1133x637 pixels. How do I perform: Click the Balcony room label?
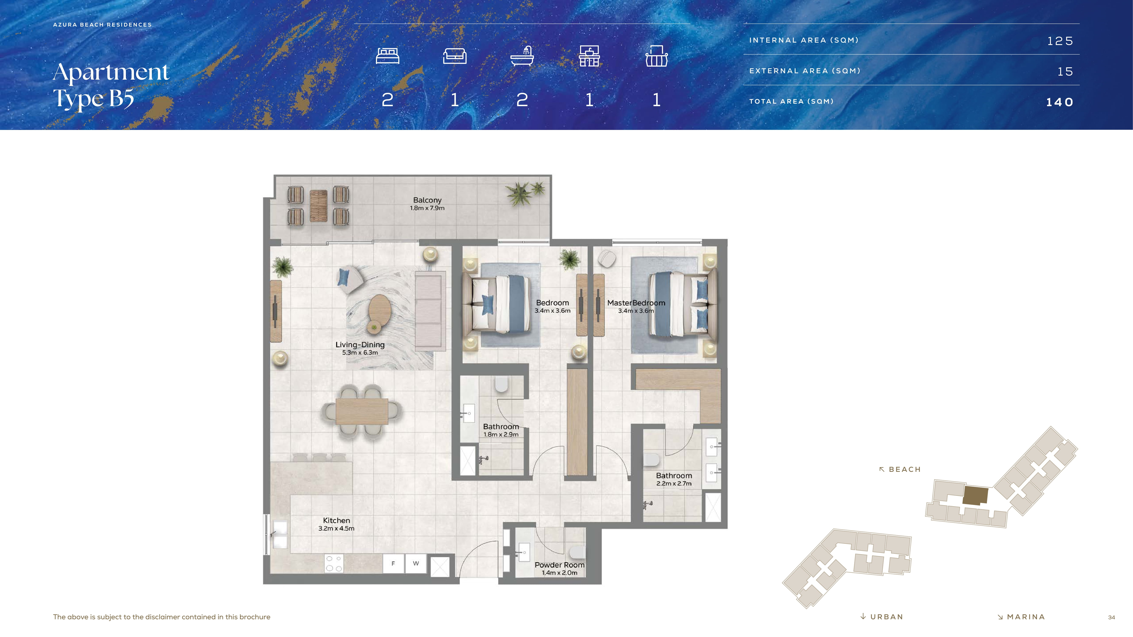click(427, 200)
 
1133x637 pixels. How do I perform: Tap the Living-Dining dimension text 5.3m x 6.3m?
click(360, 352)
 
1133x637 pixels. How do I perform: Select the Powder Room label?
click(559, 565)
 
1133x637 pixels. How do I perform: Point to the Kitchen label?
click(336, 520)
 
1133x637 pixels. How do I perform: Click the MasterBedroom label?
click(636, 303)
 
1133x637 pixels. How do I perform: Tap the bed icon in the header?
click(387, 56)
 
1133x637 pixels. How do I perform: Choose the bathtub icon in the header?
click(522, 56)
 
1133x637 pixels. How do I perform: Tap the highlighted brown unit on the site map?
click(976, 495)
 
